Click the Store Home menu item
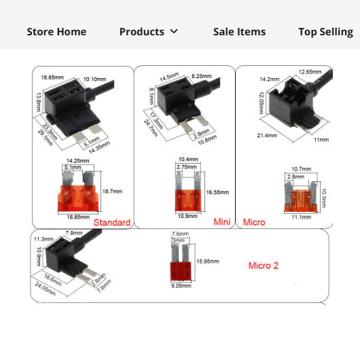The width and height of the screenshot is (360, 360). pyautogui.click(x=56, y=31)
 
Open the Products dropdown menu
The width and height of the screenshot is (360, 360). pyautogui.click(x=148, y=31)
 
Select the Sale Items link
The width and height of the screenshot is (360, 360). pyautogui.click(x=239, y=31)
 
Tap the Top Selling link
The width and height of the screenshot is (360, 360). pyautogui.click(x=325, y=31)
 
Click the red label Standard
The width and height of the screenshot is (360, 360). pyautogui.click(x=112, y=222)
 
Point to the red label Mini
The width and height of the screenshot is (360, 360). pyautogui.click(x=223, y=222)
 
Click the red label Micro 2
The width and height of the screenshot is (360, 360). pyautogui.click(x=264, y=266)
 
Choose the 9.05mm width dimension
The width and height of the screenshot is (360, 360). pyautogui.click(x=180, y=286)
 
